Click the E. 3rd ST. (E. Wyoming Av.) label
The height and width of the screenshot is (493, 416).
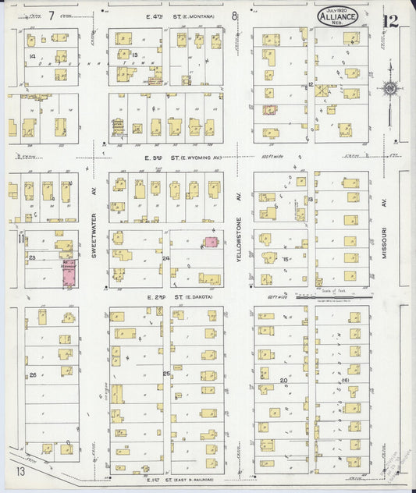172,158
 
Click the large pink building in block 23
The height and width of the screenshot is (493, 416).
69,273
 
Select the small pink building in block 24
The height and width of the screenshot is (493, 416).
210,243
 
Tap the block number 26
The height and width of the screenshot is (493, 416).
33,374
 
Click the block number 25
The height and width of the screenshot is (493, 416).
166,374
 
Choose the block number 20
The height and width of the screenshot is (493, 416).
284,380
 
